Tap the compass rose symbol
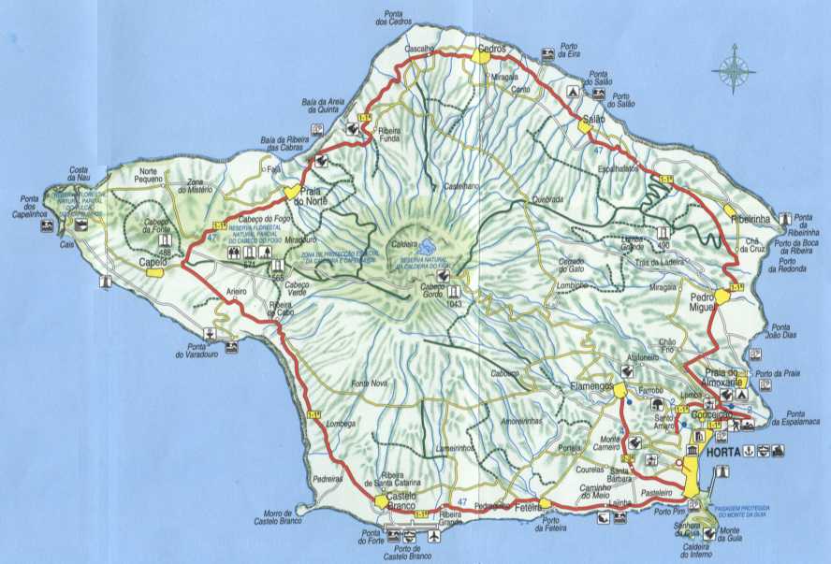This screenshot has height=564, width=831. (x=735, y=70)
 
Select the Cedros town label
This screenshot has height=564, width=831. (x=490, y=48)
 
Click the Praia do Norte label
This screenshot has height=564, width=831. (x=311, y=195)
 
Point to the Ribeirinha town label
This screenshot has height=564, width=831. (x=755, y=218)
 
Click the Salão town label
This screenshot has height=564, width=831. (x=593, y=121)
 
